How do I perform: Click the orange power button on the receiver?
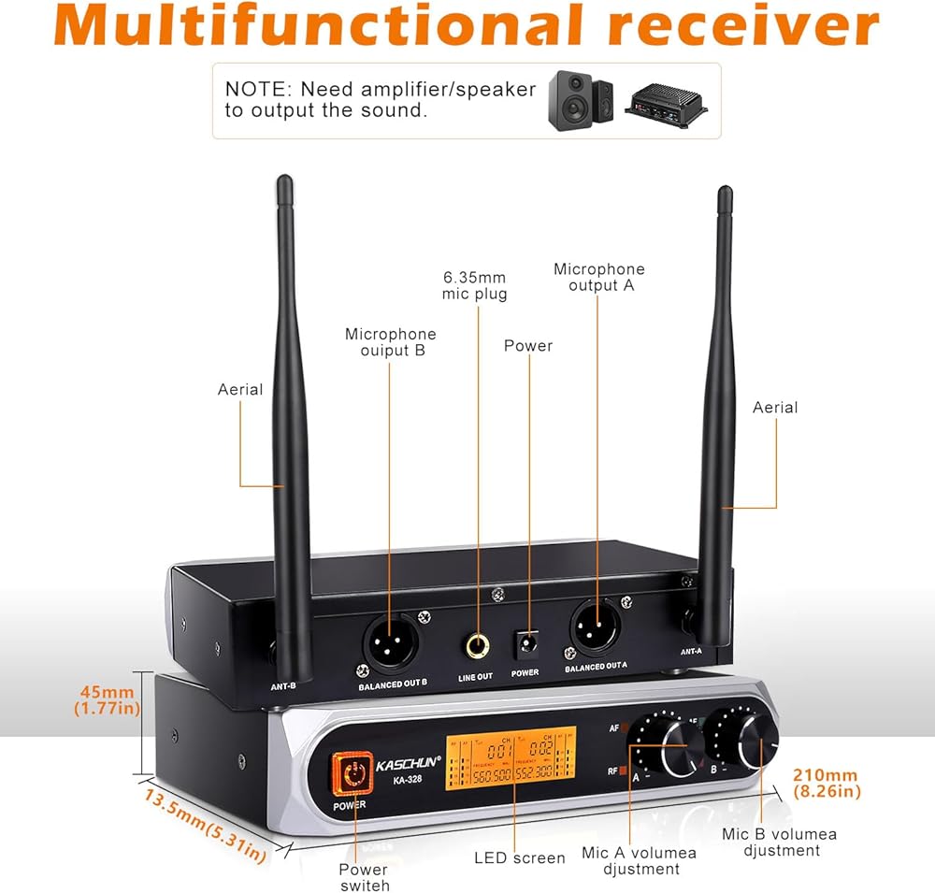pyautogui.click(x=352, y=773)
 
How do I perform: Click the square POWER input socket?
pyautogui.click(x=525, y=644)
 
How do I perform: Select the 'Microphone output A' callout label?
pyautogui.click(x=599, y=277)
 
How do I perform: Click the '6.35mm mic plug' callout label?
pyautogui.click(x=475, y=285)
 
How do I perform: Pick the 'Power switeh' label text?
pyautogui.click(x=364, y=877)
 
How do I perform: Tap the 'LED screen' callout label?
pyautogui.click(x=520, y=857)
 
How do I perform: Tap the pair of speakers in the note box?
pyautogui.click(x=580, y=100)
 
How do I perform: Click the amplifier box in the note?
pyautogui.click(x=666, y=101)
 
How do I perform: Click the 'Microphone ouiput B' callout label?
pyautogui.click(x=391, y=342)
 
